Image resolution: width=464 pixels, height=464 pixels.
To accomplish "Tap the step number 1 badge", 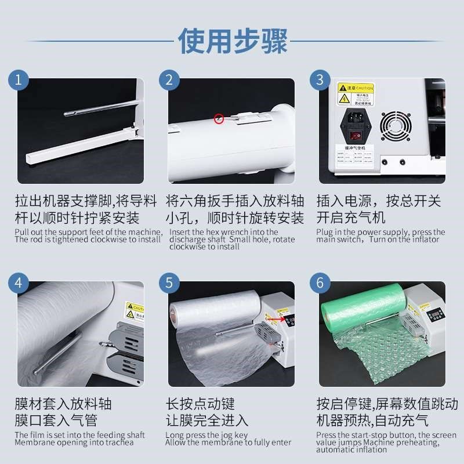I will click(x=20, y=80).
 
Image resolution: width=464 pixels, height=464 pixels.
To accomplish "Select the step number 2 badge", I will click(x=169, y=80).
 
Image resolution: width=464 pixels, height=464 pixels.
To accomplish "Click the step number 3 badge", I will click(x=319, y=80).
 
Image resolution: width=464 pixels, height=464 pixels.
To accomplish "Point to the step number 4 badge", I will click(x=20, y=284).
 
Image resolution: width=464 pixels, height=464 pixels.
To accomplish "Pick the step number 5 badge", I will click(x=169, y=284).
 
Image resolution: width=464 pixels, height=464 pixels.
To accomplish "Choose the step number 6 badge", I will click(x=319, y=284).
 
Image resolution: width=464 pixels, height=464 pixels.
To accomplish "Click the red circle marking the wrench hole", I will click(x=219, y=118).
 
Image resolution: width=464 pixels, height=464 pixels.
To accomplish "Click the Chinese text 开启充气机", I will click(x=350, y=219).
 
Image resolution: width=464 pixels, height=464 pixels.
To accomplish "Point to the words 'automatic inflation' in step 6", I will click(x=344, y=449).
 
